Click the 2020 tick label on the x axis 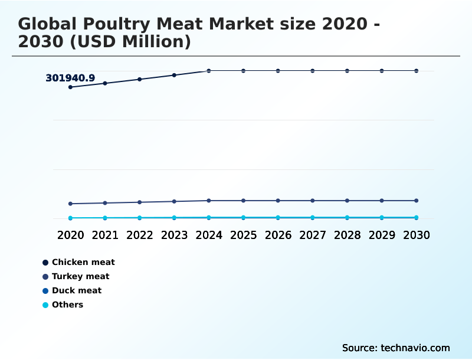click(70, 235)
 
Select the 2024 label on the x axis click(209, 235)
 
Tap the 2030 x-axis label click(416, 235)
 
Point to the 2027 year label click(313, 235)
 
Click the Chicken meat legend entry click(83, 262)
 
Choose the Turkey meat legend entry click(80, 276)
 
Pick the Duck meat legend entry click(76, 290)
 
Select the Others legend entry click(67, 305)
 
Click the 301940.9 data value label click(70, 78)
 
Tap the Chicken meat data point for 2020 click(70, 87)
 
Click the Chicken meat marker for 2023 click(174, 75)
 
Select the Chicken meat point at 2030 click(416, 71)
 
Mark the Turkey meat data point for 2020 click(70, 204)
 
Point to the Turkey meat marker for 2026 click(278, 201)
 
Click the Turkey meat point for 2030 click(416, 201)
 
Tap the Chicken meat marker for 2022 click(140, 79)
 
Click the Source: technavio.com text click(396, 348)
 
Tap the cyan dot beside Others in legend click(45, 305)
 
